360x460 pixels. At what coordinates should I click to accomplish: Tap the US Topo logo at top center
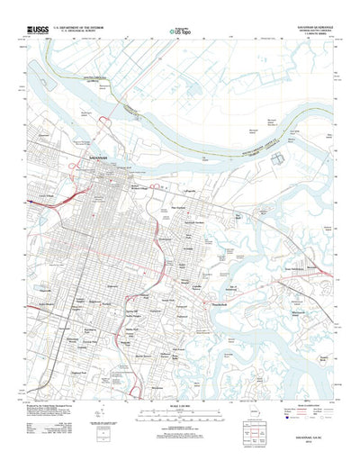[179, 32]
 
